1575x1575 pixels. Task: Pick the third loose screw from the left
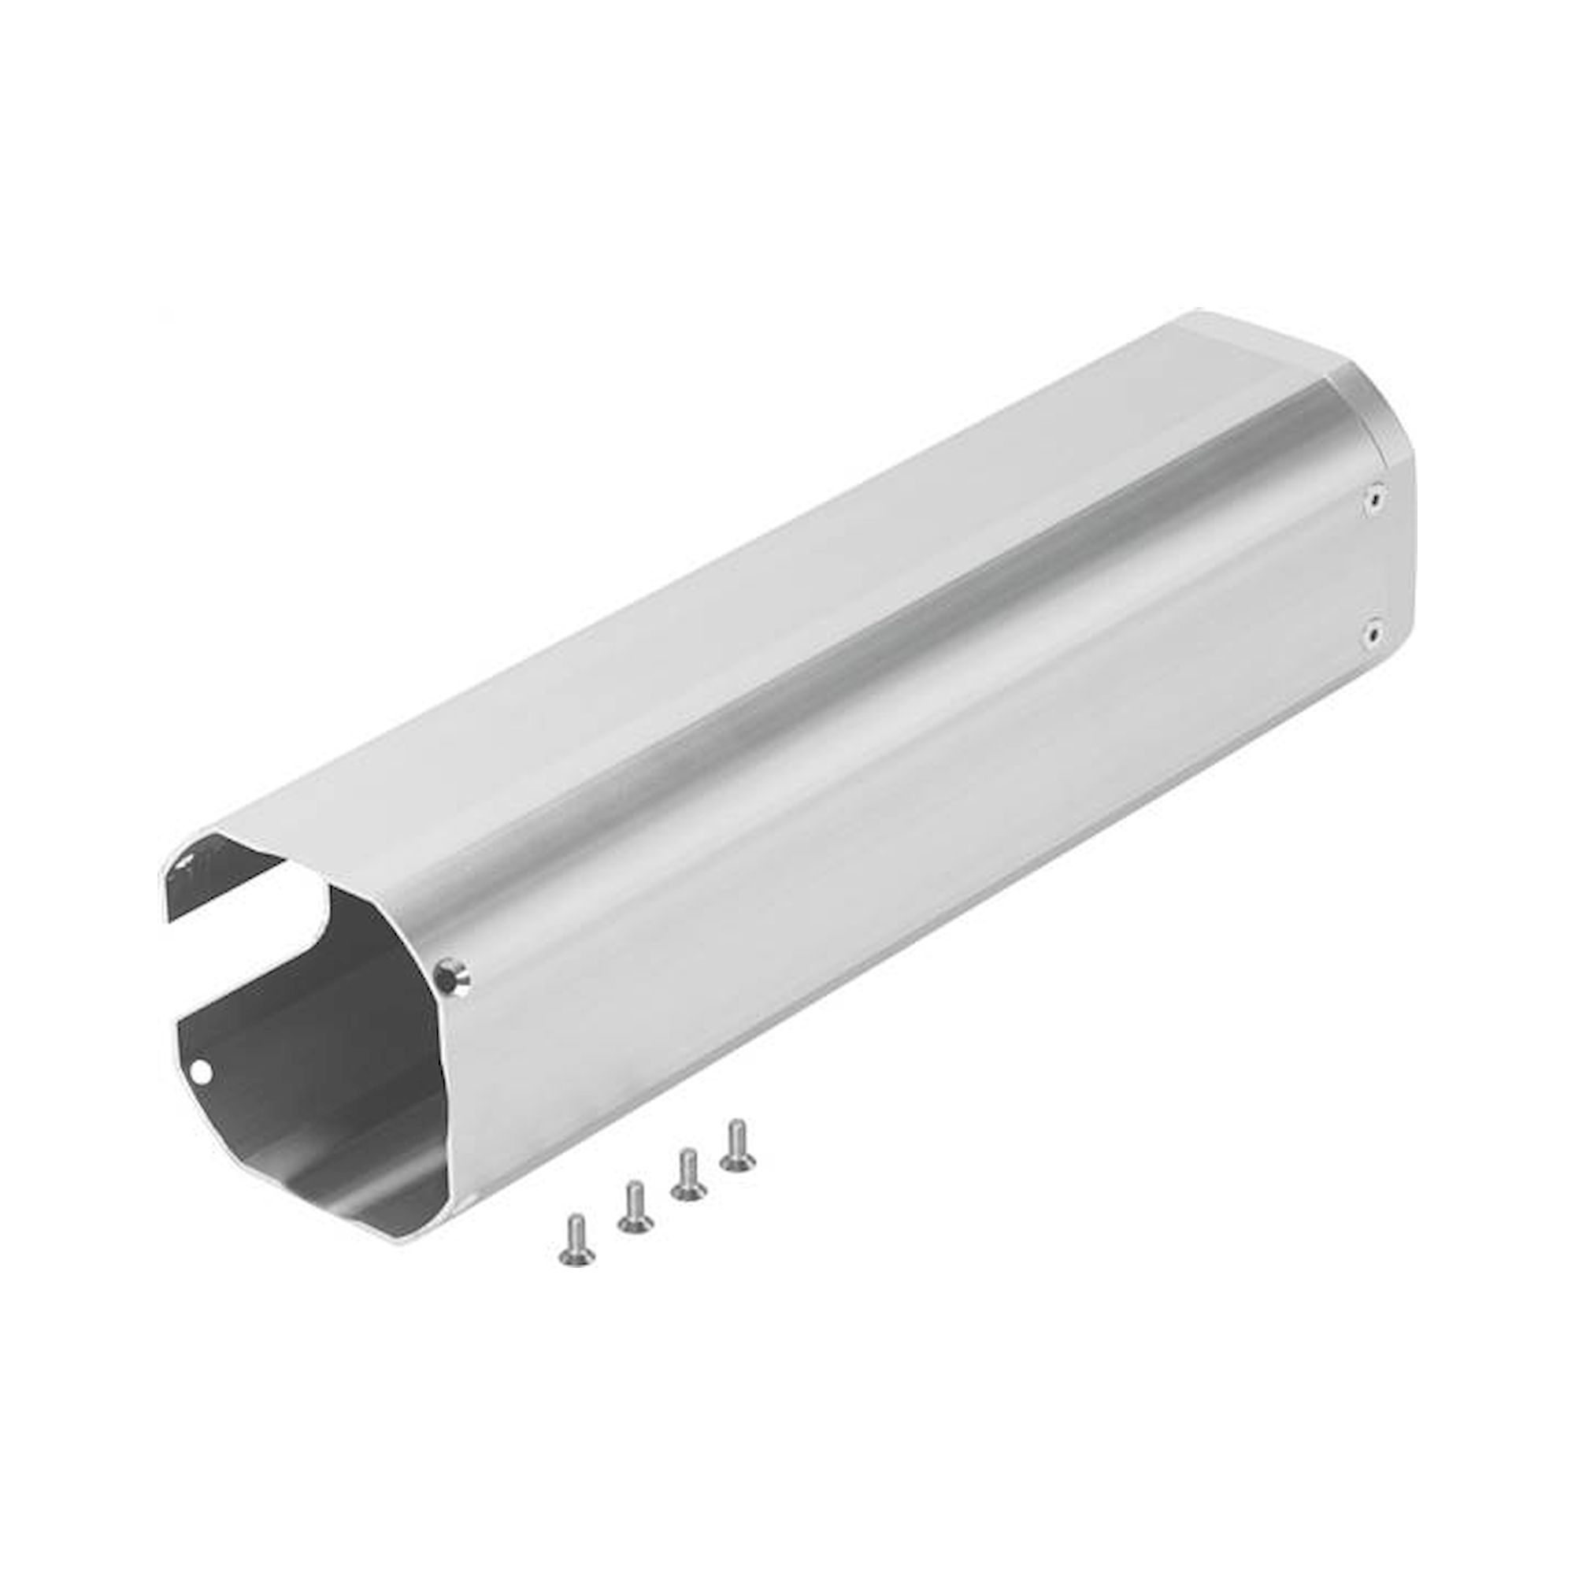pyautogui.click(x=688, y=1175)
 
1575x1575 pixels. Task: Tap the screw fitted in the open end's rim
pyautogui.click(x=453, y=973)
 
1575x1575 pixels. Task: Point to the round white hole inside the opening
pyautogui.click(x=204, y=1069)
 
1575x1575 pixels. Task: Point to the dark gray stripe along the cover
pyautogui.click(x=856, y=693)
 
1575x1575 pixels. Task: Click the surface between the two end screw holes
pyautogui.click(x=1377, y=562)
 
